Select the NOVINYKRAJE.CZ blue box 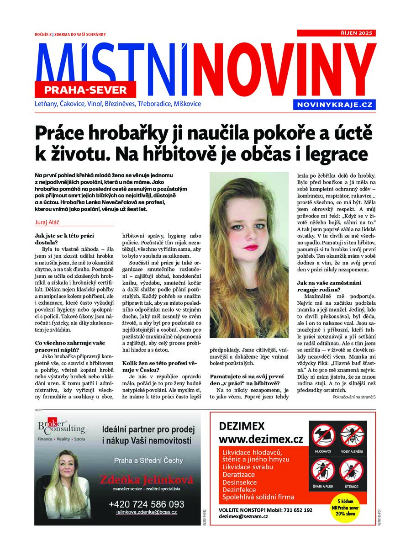[x=335, y=105]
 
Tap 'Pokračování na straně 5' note [x=354, y=397]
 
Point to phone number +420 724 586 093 [x=146, y=504]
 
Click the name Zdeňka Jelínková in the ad [x=146, y=480]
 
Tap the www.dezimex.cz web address [x=261, y=440]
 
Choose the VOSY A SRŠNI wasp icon [x=353, y=437]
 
